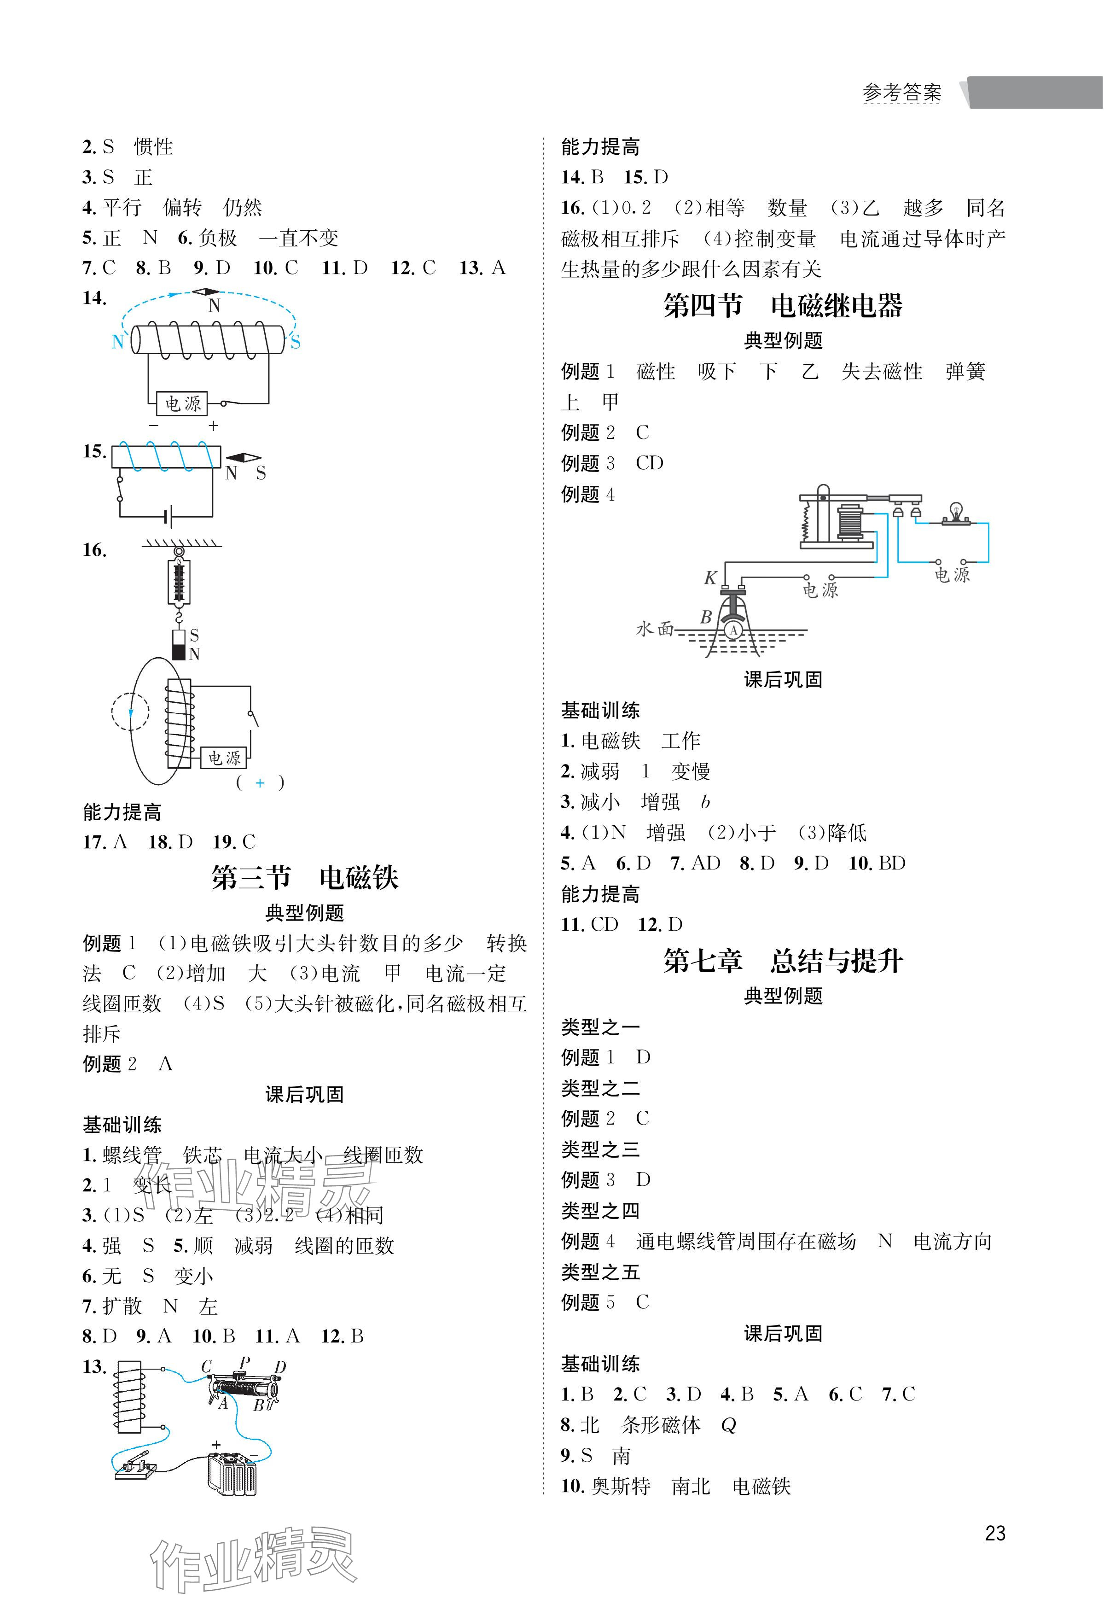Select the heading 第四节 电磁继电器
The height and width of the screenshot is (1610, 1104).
tap(783, 305)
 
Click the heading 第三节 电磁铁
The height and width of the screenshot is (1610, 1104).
tap(305, 878)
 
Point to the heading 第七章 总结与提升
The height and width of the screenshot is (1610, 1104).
tap(783, 961)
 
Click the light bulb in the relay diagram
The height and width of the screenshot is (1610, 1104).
tap(957, 511)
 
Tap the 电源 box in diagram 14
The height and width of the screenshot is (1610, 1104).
tap(182, 403)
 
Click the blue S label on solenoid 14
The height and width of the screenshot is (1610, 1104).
tap(295, 342)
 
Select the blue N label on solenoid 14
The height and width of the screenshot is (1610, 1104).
tap(118, 342)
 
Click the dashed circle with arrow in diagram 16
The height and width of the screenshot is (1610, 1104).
tap(130, 712)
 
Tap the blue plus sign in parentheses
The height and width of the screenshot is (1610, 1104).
tap(260, 783)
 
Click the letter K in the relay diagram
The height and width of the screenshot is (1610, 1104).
tap(710, 578)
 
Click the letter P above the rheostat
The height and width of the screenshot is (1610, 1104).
tap(244, 1362)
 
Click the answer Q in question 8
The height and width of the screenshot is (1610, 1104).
tap(728, 1425)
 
